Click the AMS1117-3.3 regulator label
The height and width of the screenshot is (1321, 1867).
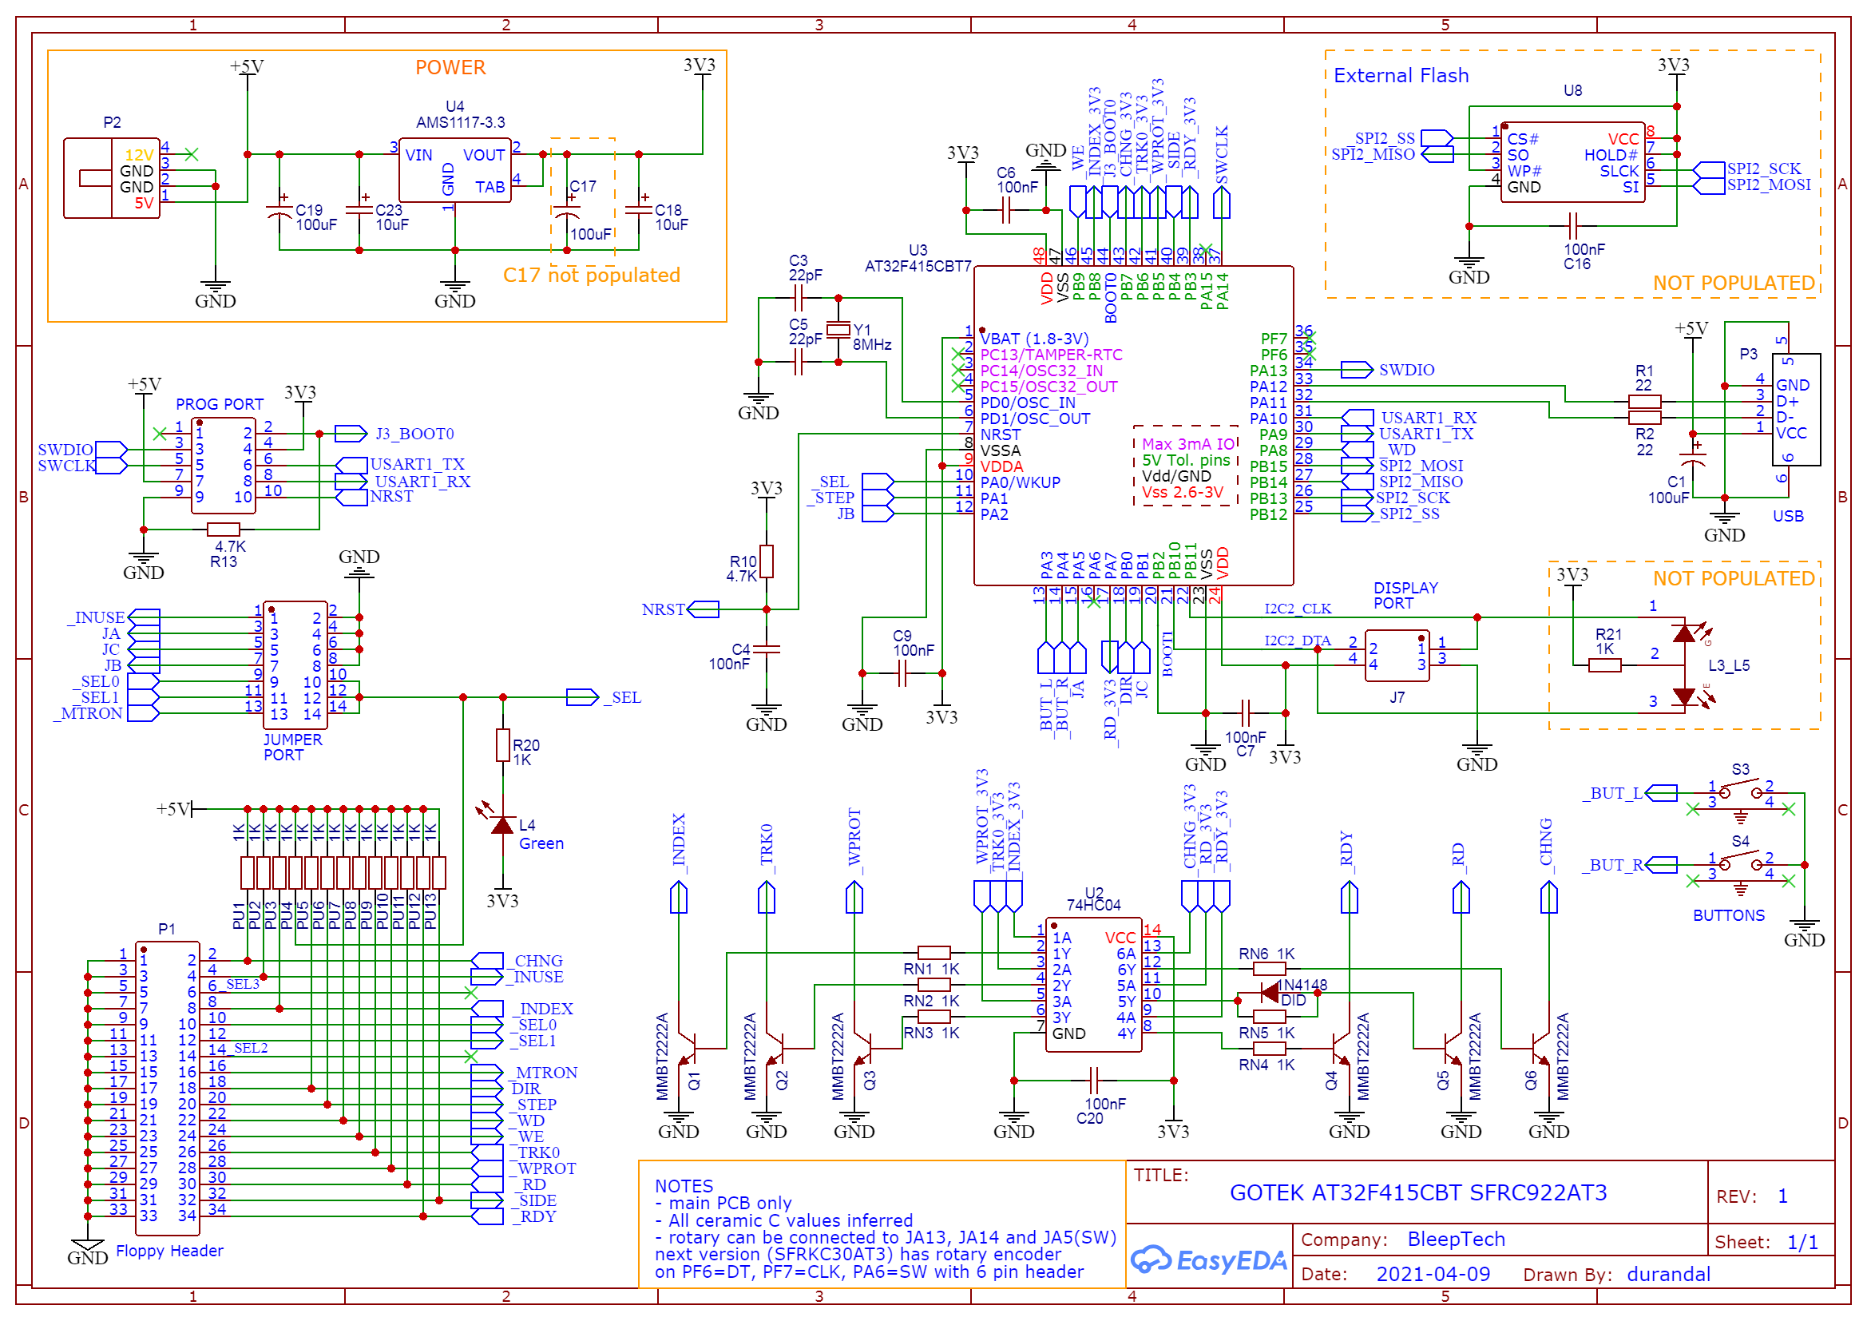(460, 123)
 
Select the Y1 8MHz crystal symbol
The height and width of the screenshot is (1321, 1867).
(838, 329)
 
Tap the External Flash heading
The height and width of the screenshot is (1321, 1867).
(1401, 76)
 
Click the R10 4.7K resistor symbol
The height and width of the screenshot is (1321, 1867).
(766, 561)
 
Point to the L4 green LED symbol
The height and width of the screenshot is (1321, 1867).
(502, 826)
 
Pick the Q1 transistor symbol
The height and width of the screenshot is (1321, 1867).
(688, 1049)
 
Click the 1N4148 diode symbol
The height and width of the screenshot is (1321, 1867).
(1269, 992)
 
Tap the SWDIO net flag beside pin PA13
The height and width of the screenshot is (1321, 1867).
(1357, 370)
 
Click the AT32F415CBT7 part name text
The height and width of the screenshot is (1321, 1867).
(918, 266)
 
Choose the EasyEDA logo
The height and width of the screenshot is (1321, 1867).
(1208, 1260)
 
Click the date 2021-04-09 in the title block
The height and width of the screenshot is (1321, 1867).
(1433, 1274)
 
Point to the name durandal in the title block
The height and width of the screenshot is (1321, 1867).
(1668, 1274)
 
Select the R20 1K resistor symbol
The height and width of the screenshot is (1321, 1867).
(503, 745)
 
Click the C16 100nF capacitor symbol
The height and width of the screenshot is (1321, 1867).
(1572, 226)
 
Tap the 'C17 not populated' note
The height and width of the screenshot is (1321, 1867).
(591, 275)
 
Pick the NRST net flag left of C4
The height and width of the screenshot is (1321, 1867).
(704, 609)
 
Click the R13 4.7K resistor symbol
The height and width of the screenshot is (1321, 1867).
(224, 530)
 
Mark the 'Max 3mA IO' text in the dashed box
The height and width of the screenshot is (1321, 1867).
(1188, 444)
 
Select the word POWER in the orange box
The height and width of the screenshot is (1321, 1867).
(450, 68)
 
